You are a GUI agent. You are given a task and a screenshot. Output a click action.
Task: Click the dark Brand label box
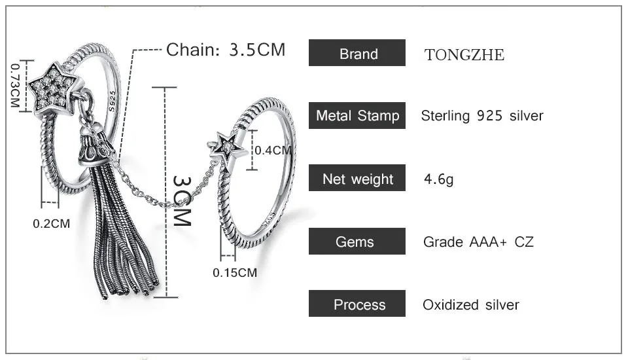tap(357, 54)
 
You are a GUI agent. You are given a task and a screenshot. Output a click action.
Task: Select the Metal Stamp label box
tap(357, 116)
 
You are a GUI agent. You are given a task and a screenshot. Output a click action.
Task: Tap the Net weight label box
tap(357, 179)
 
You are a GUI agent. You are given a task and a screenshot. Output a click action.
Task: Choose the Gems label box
tap(357, 242)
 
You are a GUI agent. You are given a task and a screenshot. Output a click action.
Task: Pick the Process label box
tap(357, 304)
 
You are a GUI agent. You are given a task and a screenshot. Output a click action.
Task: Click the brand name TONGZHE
tap(464, 55)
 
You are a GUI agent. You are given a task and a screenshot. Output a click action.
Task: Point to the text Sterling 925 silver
tap(482, 116)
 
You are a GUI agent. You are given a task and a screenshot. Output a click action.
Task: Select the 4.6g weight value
tap(438, 179)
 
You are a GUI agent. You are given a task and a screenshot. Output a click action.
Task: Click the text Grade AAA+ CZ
tap(478, 242)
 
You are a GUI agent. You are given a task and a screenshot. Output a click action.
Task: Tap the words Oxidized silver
tap(471, 304)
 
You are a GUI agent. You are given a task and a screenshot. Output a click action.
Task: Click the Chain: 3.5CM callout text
tap(226, 50)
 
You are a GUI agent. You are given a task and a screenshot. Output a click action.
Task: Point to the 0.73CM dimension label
tap(15, 86)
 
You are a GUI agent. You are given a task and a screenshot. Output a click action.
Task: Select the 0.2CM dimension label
tap(51, 223)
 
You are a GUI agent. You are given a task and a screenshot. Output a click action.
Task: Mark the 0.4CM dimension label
tap(273, 150)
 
